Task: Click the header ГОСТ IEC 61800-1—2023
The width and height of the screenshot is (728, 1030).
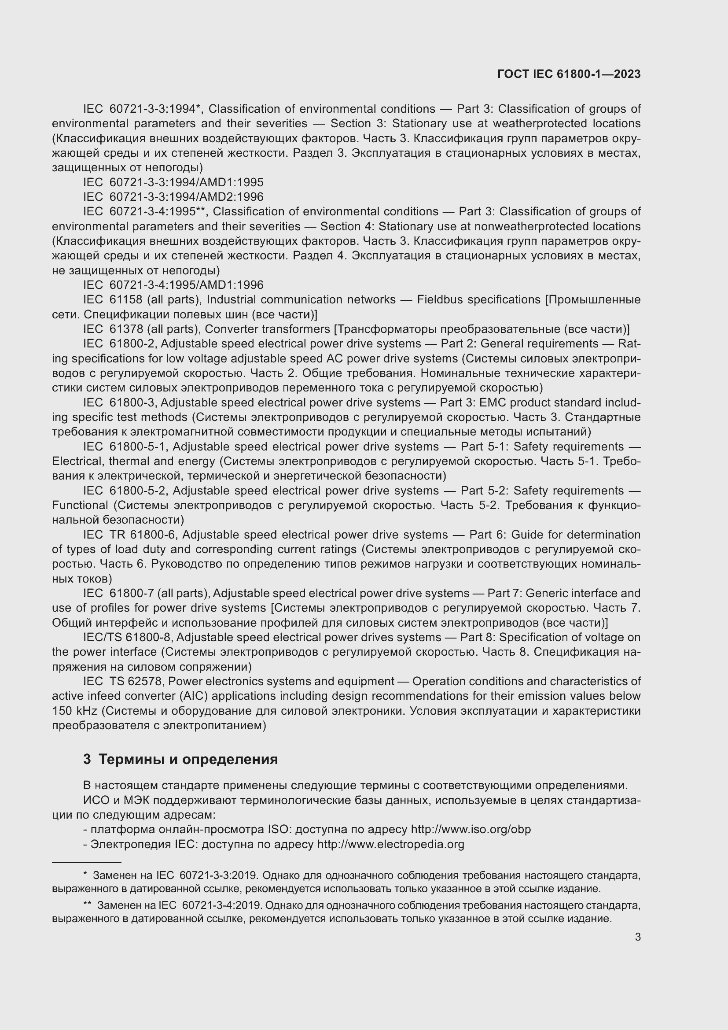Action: click(x=568, y=74)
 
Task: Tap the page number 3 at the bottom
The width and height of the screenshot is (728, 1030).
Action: click(x=637, y=937)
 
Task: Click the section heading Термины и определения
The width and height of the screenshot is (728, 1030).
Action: click(x=188, y=760)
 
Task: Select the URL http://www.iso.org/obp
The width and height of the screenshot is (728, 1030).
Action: click(x=471, y=830)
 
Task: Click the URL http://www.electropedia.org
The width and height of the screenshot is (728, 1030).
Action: click(x=390, y=844)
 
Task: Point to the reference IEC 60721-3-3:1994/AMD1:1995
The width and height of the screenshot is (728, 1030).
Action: click(x=173, y=183)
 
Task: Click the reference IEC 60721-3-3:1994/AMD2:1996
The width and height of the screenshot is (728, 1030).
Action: click(x=173, y=197)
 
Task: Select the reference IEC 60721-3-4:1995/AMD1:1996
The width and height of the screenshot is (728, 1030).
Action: click(x=173, y=285)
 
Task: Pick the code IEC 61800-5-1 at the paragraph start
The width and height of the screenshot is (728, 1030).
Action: click(x=125, y=447)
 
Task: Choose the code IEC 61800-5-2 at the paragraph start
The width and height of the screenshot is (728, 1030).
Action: click(x=125, y=491)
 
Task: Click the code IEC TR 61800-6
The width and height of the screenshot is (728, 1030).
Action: click(x=131, y=535)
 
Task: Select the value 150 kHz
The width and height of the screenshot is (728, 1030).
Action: click(x=72, y=711)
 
